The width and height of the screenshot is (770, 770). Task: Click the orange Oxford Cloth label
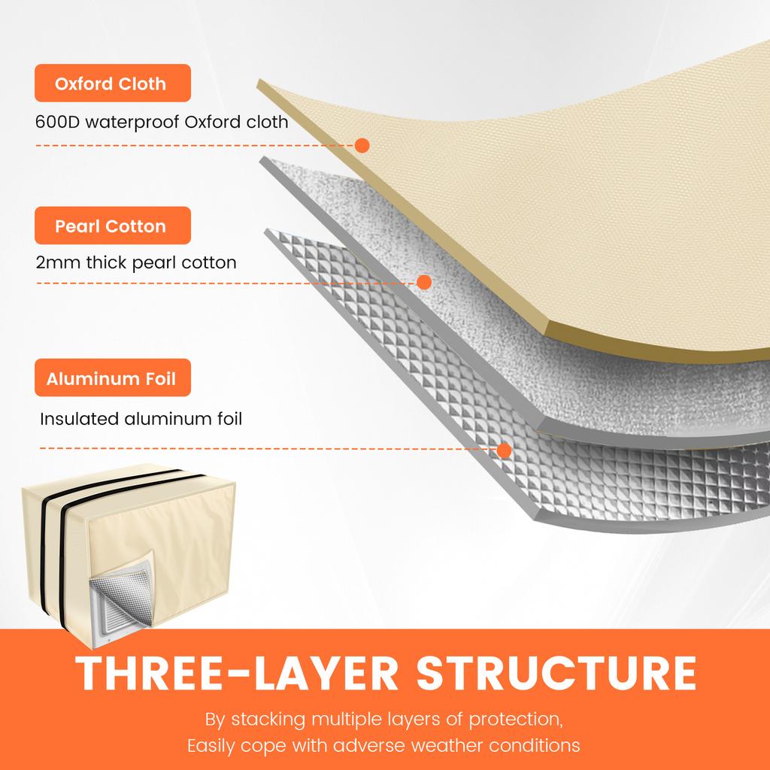(x=112, y=83)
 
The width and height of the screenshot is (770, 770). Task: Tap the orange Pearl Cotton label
(x=112, y=226)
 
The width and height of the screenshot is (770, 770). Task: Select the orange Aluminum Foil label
(x=112, y=378)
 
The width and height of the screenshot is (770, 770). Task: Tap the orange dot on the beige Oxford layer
(x=362, y=145)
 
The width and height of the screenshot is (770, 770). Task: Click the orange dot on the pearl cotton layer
(x=424, y=282)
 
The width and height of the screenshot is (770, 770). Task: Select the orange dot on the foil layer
(x=505, y=450)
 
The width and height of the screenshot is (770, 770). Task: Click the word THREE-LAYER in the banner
(x=237, y=674)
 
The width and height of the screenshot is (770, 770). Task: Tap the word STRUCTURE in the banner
(x=556, y=674)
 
